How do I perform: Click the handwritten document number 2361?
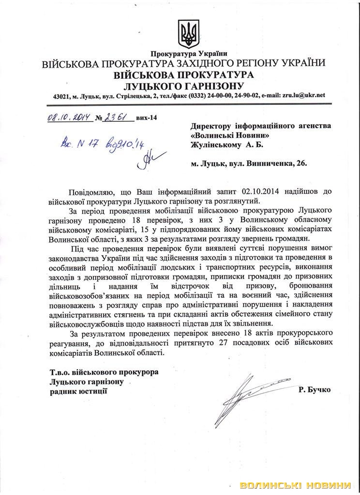pyautogui.click(x=118, y=117)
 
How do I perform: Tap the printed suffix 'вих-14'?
pyautogui.click(x=148, y=117)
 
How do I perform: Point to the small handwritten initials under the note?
pyautogui.click(x=143, y=161)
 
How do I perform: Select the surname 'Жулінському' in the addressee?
pyautogui.click(x=216, y=144)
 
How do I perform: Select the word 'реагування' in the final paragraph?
pyautogui.click(x=70, y=343)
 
